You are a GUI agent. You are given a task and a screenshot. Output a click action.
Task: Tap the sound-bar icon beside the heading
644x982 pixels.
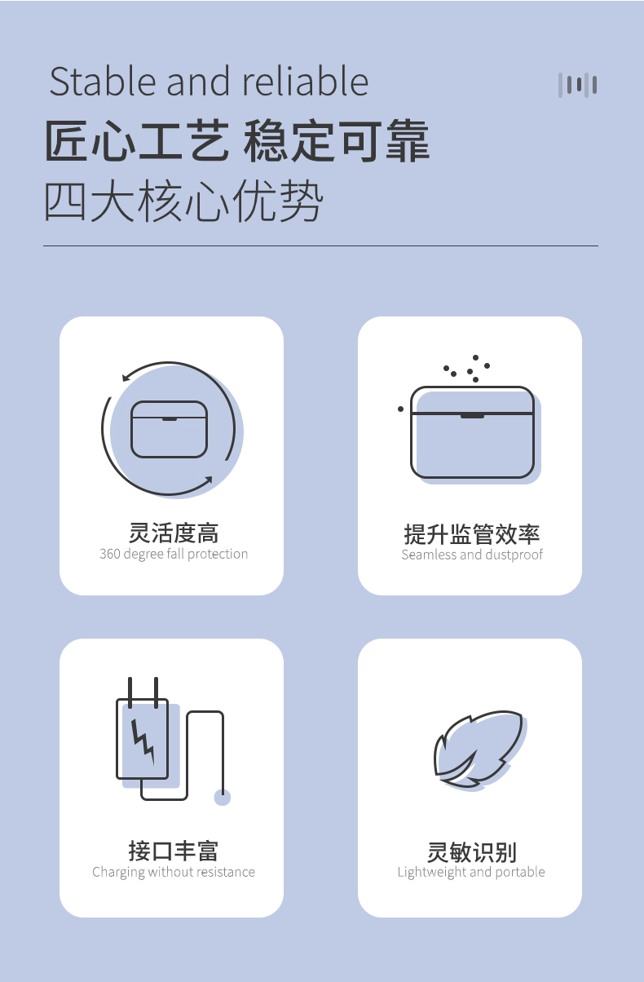[x=577, y=85]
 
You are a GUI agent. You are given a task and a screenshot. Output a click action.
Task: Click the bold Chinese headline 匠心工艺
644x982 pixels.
[x=137, y=141]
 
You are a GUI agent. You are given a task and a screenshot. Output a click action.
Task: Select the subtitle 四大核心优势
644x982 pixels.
[x=183, y=201]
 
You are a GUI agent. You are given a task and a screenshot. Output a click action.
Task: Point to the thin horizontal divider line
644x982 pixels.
[x=320, y=246]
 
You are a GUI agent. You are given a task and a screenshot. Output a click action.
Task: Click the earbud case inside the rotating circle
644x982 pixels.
[x=169, y=429]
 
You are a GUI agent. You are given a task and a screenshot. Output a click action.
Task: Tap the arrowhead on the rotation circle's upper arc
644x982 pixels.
[x=126, y=377]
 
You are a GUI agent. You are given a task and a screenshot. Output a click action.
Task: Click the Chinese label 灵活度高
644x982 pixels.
[x=174, y=533]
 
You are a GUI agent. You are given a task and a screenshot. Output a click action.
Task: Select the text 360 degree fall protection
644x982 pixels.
[x=174, y=554]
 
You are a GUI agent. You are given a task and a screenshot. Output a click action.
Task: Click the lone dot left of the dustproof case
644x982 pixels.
[x=400, y=409]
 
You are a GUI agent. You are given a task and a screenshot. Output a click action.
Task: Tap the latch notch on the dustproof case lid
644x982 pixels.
[x=472, y=416]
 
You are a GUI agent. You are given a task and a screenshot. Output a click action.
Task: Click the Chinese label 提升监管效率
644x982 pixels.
[x=472, y=533]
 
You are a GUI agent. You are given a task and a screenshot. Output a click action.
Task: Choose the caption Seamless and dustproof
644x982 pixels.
[x=472, y=555]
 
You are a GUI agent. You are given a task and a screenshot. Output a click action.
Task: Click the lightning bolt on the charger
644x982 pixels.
[x=143, y=741]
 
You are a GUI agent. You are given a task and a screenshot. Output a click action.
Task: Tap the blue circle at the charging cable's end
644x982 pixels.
[x=222, y=798]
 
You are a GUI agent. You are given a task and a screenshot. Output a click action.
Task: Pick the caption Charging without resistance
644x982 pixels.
[x=174, y=872]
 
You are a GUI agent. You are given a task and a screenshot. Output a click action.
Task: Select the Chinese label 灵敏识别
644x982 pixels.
[x=472, y=852]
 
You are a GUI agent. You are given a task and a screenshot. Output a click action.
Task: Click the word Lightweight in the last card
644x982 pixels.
[x=432, y=872]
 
